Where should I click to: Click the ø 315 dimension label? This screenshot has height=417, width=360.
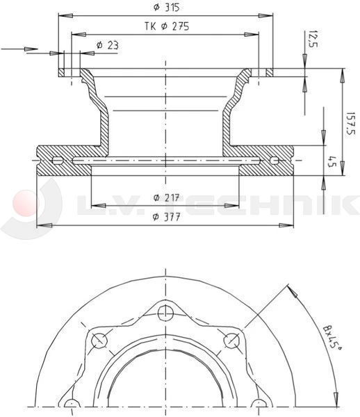pyautogui.click(x=165, y=8)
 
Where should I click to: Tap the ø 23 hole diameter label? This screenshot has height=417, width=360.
pyautogui.click(x=107, y=45)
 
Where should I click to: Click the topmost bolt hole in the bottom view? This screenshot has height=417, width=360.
pyautogui.click(x=165, y=313)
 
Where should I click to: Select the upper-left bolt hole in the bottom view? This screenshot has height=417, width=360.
pyautogui.click(x=99, y=340)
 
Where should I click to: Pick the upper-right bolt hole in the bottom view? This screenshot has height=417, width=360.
pyautogui.click(x=231, y=340)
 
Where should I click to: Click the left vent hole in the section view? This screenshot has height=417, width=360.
pyautogui.click(x=57, y=161)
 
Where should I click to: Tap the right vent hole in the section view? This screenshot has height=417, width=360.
pyautogui.click(x=275, y=161)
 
